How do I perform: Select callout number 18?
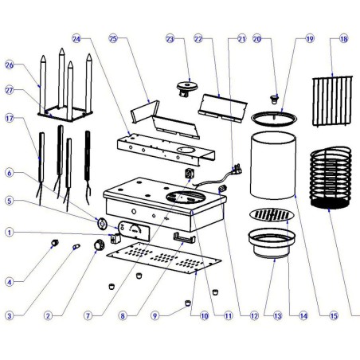(343, 38)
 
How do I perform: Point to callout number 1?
(10, 233)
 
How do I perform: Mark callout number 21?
(241, 38)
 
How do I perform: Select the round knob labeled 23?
(188, 86)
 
